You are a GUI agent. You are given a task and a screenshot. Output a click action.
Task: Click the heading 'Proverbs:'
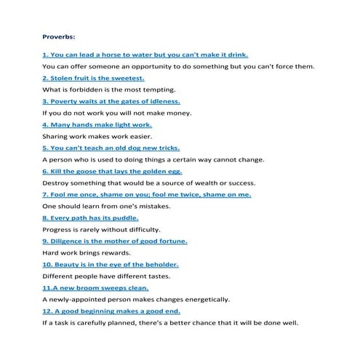pyautogui.click(x=59, y=33)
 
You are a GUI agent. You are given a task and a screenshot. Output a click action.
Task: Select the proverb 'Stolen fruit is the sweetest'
pyautogui.click(x=94, y=78)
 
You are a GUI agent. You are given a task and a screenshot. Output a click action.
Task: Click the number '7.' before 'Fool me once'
pyautogui.click(x=46, y=194)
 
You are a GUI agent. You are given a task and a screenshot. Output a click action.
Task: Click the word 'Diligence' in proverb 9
pyautogui.click(x=68, y=241)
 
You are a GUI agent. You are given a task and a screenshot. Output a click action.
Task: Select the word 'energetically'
pyautogui.click(x=206, y=299)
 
